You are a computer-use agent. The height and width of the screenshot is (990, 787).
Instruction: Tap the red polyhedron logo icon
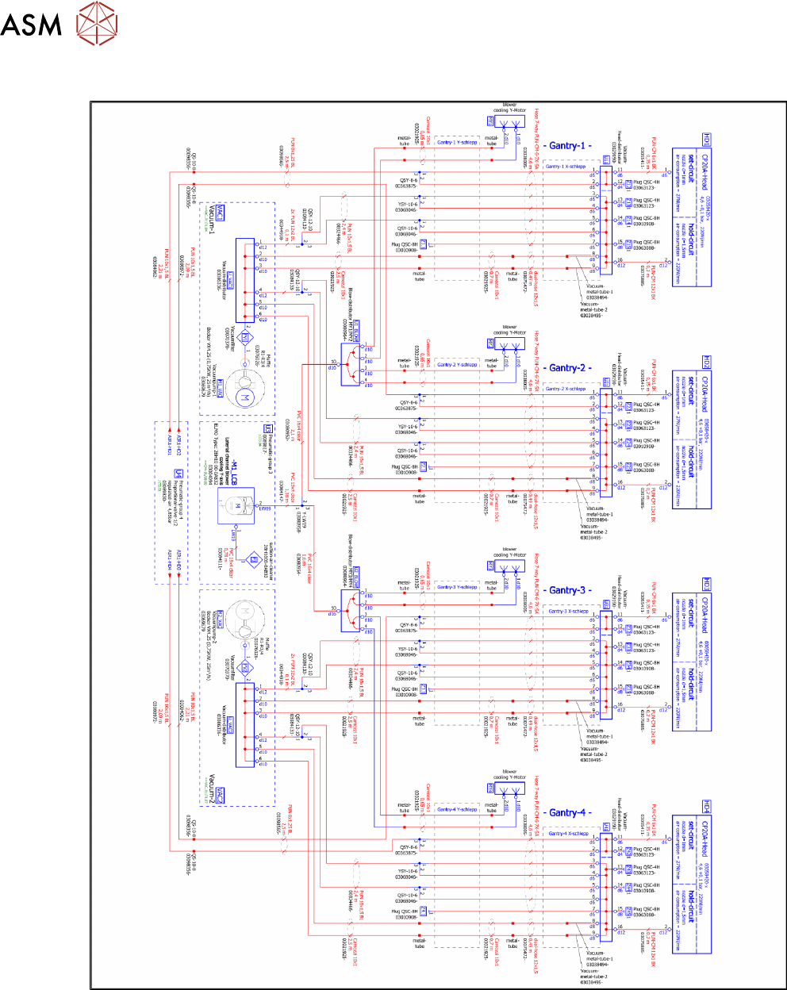(x=96, y=21)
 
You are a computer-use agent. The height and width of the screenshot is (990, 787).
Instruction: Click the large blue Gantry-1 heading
(x=570, y=146)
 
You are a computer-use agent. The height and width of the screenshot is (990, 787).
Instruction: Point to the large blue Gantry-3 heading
(x=570, y=590)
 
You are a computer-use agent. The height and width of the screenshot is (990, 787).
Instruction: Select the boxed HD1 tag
(x=705, y=140)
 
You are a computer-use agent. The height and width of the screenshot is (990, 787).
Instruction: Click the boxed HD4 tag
(x=705, y=807)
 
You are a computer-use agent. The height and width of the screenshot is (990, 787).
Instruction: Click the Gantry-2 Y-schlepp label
(x=458, y=365)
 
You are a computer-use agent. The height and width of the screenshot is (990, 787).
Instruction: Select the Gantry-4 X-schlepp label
(x=568, y=834)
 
